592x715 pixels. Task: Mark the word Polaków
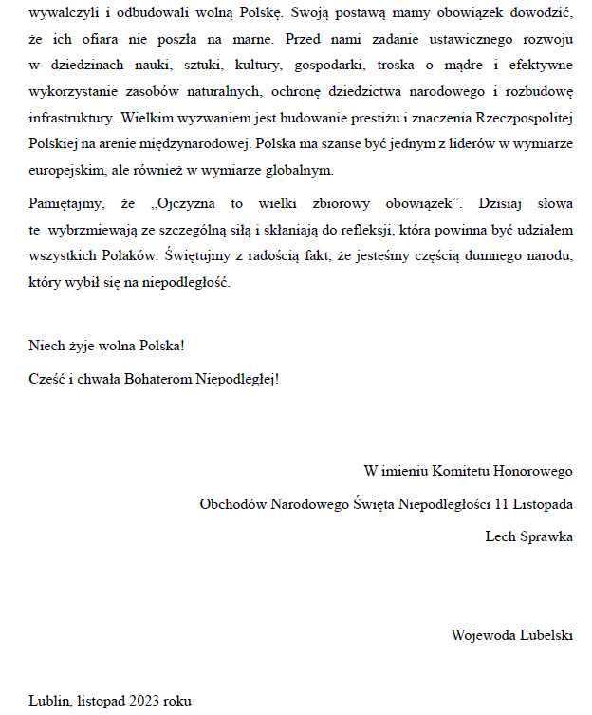(134, 255)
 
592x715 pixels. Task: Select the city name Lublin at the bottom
(48, 701)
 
